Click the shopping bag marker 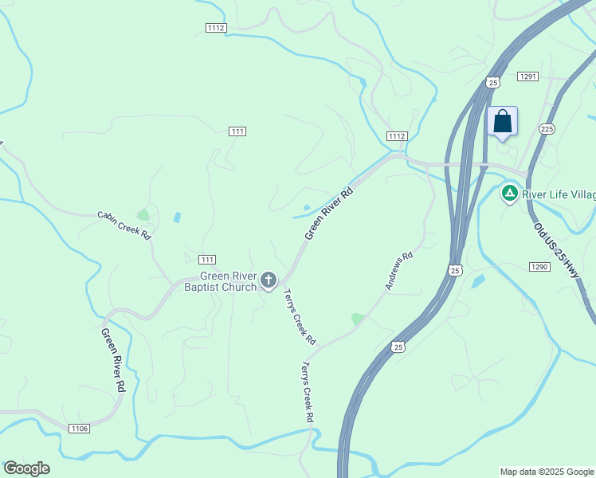point(502,122)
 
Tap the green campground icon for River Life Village point(509,193)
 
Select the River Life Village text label point(559,194)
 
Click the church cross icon point(269,280)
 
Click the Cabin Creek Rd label point(124,225)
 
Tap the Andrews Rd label point(399,271)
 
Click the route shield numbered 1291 point(528,76)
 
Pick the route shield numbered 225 point(547,128)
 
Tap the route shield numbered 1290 point(539,266)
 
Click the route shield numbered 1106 point(79,429)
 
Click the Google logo point(26,468)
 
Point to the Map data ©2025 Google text point(546,472)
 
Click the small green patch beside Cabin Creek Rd point(143,215)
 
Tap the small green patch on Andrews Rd point(358,319)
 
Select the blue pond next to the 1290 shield point(477,281)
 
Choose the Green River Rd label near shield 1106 point(113,360)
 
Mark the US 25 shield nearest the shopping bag point(493,82)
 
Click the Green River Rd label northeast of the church point(328,214)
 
